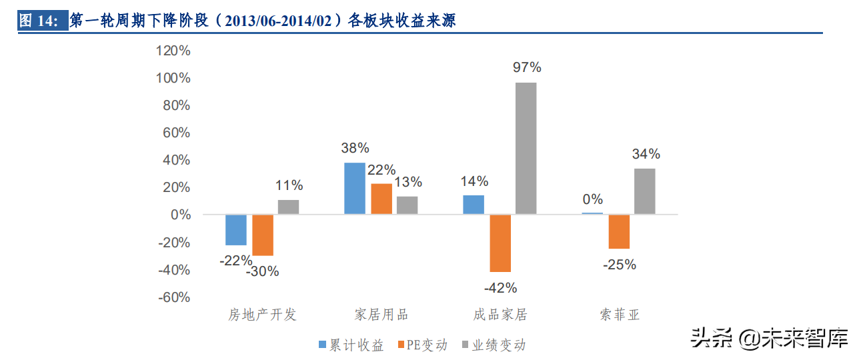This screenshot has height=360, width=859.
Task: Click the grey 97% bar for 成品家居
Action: pos(526,148)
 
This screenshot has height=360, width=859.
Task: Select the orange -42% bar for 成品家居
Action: pos(500,243)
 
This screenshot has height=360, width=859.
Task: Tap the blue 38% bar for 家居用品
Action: pos(355,189)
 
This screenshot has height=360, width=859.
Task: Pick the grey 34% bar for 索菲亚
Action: pos(644,191)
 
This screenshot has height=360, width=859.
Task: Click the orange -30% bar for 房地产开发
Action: pos(263,235)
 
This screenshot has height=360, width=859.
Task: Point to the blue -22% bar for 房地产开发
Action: pos(236,230)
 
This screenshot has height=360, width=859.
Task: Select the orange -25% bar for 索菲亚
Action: pos(619,232)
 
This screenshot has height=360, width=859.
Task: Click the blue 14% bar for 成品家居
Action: pos(474,205)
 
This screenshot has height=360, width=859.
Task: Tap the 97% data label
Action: pos(527,67)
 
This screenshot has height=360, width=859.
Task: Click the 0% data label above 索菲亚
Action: pos(592,199)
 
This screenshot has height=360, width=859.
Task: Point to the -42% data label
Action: pos(501,288)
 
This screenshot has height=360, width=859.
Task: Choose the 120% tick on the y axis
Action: pos(173,51)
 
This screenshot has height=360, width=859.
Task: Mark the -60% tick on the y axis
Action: pos(174,297)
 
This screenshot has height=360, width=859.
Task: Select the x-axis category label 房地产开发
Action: pos(262,315)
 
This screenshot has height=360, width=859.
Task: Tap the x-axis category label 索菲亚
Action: pos(619,315)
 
